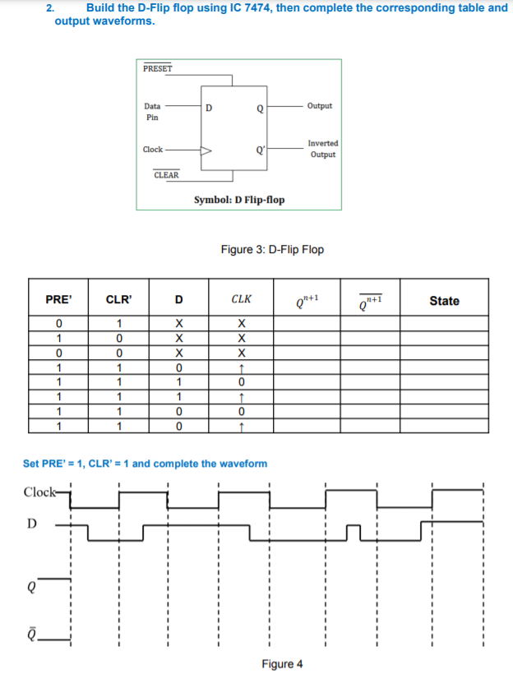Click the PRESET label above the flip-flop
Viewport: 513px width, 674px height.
click(x=157, y=69)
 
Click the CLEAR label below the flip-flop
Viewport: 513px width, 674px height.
click(x=166, y=175)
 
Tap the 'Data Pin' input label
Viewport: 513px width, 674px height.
click(x=152, y=112)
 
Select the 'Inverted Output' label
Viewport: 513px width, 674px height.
click(x=323, y=149)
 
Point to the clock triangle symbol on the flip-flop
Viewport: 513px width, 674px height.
click(x=207, y=150)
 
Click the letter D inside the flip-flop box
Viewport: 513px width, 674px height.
click(x=209, y=107)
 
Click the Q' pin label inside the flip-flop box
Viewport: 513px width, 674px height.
click(x=260, y=150)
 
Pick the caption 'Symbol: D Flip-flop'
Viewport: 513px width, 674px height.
click(x=239, y=200)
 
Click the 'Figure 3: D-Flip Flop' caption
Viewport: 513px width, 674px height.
click(x=272, y=249)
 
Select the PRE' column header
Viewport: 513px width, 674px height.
click(x=58, y=300)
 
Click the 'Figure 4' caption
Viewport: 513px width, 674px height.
click(x=282, y=663)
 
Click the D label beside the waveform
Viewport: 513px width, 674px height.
click(x=34, y=523)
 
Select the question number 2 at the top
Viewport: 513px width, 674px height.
click(x=49, y=7)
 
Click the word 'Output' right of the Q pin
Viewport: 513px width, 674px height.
click(x=320, y=106)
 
